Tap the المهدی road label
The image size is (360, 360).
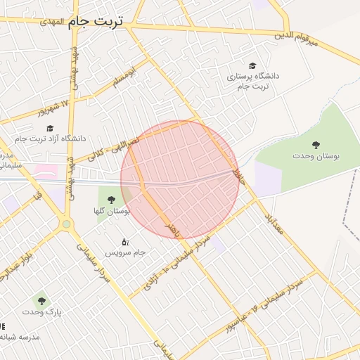pos(51,22)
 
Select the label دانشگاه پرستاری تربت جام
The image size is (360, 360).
pos(252,79)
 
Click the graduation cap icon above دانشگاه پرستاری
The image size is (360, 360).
pos(252,65)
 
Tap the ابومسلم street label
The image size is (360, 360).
pos(124,78)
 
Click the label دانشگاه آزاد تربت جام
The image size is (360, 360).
pos(50,139)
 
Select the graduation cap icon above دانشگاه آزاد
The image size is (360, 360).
pos(50,128)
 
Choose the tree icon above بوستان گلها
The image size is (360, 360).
pos(111,200)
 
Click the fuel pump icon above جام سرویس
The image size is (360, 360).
pos(125,241)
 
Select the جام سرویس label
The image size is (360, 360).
pos(125,251)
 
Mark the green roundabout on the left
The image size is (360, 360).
pos(67,224)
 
